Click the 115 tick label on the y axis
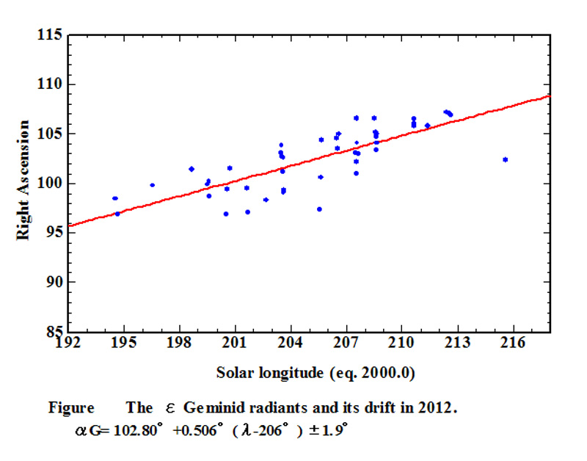point(54,35)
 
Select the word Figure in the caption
point(71,408)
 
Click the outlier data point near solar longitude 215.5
point(506,159)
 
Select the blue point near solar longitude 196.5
point(152,185)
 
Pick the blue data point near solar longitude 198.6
point(192,169)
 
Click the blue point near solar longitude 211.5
point(428,126)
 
